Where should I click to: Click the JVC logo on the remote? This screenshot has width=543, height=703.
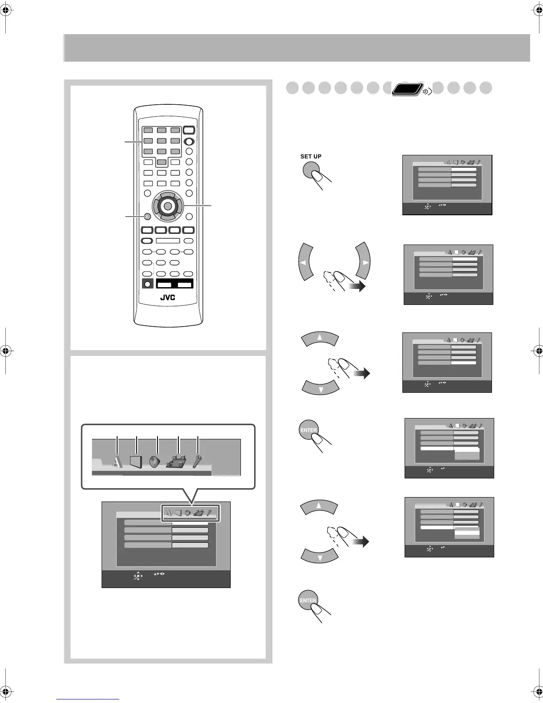click(168, 297)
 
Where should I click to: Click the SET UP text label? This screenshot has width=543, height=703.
click(311, 156)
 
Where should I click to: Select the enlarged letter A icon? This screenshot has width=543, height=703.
click(117, 462)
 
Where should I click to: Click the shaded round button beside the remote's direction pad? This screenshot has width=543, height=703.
click(147, 217)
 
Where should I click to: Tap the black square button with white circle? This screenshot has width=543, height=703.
click(147, 284)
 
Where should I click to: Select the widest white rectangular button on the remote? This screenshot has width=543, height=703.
click(168, 241)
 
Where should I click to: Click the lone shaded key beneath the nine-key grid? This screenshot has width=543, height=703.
click(162, 162)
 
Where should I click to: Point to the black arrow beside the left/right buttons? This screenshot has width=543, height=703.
click(357, 287)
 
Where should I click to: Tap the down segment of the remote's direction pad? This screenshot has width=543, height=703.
click(168, 217)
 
